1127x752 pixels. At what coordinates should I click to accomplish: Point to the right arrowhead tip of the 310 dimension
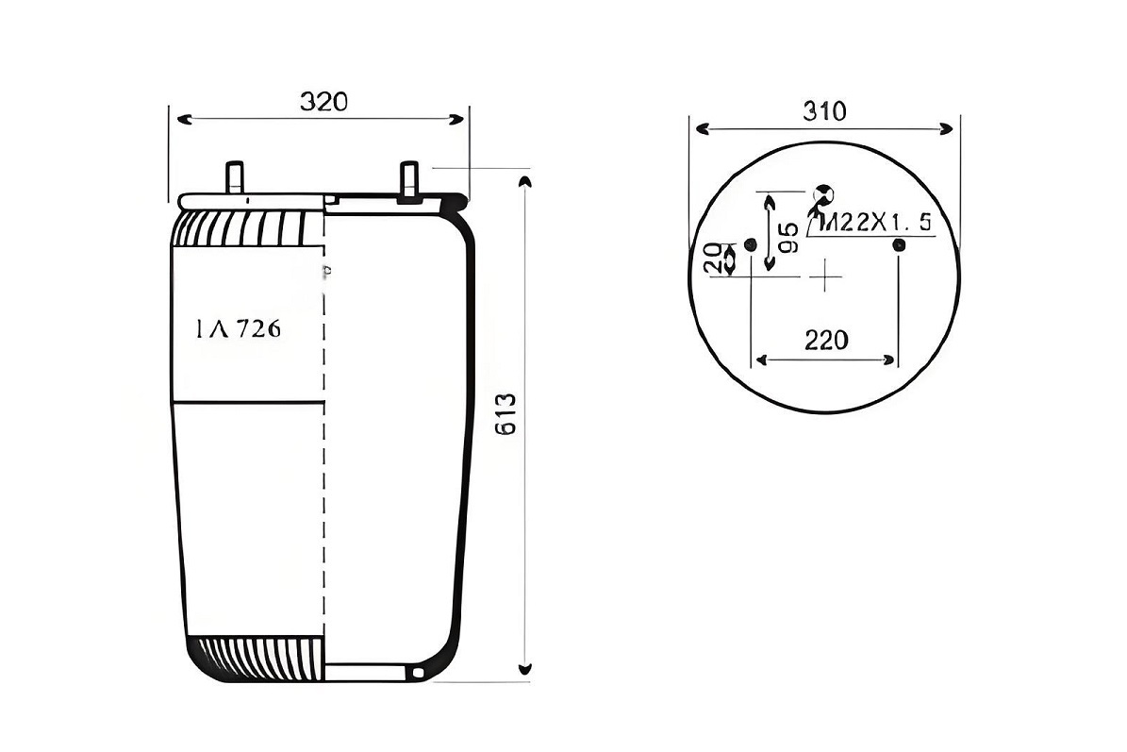[x=953, y=128]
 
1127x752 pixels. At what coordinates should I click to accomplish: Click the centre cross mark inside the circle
[x=826, y=276]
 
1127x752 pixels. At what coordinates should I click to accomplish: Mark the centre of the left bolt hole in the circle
[x=751, y=244]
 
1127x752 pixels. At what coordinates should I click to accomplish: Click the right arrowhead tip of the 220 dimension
[x=896, y=359]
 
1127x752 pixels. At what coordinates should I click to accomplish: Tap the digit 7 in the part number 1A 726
[x=243, y=328]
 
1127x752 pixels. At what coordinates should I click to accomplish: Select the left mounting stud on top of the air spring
[x=235, y=177]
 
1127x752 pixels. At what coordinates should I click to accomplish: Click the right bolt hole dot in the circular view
[x=899, y=245]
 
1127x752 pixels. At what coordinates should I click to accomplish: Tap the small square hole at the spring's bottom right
[x=418, y=673]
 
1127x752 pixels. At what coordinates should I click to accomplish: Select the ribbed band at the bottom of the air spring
[x=256, y=658]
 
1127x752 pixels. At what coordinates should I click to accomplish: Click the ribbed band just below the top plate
[x=248, y=228]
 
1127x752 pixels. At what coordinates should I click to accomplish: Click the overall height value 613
[x=506, y=415]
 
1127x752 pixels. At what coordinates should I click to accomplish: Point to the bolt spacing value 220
[x=826, y=340]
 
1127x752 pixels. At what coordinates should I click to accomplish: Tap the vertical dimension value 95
[x=788, y=238]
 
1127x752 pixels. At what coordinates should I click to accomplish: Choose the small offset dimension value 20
[x=714, y=258]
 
